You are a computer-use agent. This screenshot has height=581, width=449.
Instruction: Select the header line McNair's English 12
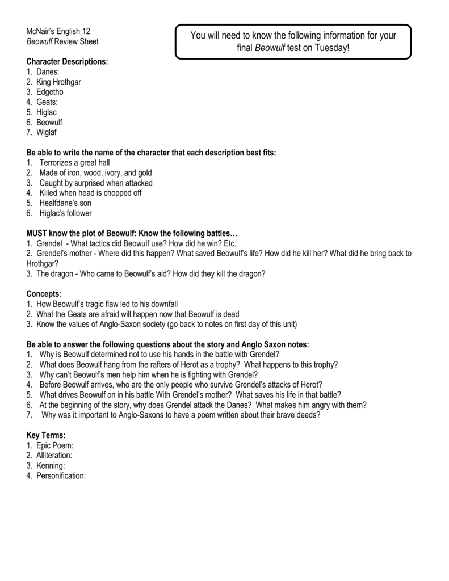pos(58,31)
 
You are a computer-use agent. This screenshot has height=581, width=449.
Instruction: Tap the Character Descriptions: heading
pos(67,61)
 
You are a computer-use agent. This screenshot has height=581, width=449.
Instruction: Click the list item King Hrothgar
pos(58,82)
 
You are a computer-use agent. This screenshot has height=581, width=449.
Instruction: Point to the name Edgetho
pos(50,92)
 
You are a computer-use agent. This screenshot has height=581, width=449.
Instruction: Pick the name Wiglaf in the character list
pos(47,133)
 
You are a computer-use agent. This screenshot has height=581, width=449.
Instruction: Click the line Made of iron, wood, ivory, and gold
pos(95,172)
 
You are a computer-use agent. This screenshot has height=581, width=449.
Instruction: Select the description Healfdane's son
pos(65,203)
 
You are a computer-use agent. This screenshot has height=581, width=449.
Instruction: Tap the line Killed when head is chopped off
pos(91,193)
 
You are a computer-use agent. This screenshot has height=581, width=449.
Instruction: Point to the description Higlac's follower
pos(65,213)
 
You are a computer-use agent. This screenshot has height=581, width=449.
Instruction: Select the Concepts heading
pos(43,294)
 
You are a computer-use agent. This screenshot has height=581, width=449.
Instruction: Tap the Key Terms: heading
pos(50,435)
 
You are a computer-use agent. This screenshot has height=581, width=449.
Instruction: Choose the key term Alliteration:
pos(54,456)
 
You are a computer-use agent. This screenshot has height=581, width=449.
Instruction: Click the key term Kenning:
pos(51,466)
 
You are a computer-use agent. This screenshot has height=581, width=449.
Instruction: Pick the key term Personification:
pos(61,476)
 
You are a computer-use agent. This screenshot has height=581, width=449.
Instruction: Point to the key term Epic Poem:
pos(55,445)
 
